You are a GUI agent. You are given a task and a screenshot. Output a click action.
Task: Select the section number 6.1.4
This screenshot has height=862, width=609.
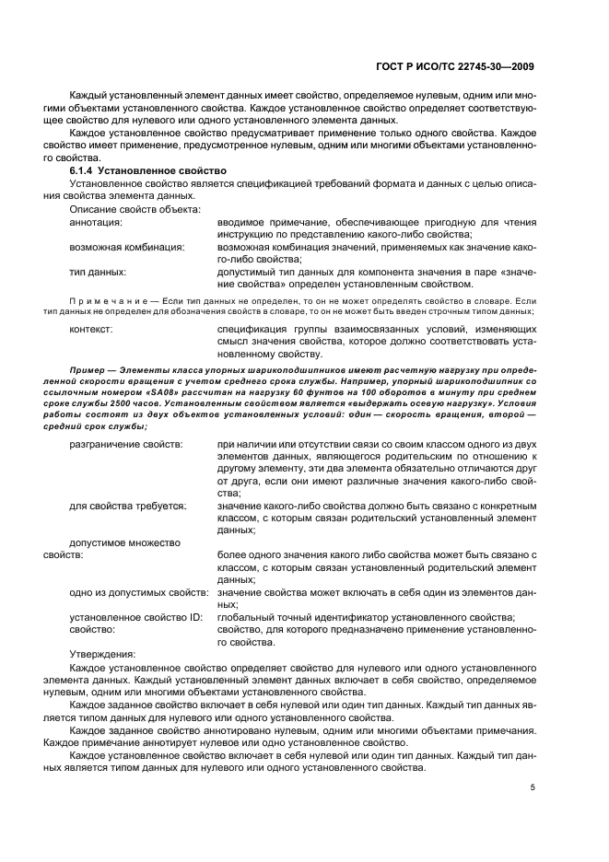click(86, 172)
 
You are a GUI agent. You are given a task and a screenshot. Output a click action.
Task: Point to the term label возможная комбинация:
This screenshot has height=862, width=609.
click(127, 248)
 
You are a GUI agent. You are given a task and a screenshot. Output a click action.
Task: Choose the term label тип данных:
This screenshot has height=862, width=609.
click(99, 273)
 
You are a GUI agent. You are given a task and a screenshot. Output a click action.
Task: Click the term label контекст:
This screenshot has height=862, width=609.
click(92, 328)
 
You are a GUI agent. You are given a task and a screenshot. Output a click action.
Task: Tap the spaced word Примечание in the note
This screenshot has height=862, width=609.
click(107, 301)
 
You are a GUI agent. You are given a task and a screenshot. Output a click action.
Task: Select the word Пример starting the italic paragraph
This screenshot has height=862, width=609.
click(86, 368)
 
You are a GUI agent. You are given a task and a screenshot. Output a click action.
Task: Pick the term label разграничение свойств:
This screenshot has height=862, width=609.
click(126, 445)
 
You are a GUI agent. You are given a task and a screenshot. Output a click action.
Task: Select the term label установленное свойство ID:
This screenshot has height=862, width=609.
click(135, 617)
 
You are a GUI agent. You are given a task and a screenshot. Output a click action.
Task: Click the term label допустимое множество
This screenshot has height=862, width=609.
click(124, 542)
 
